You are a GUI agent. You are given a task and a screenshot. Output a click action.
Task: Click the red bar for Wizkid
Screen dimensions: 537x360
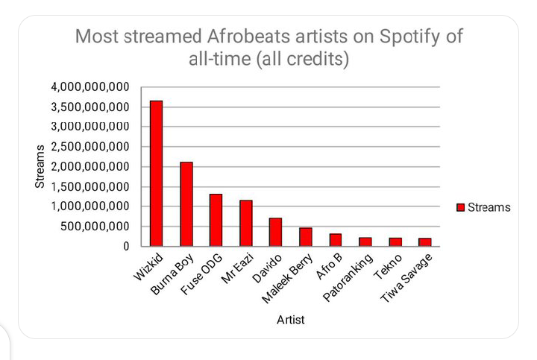point(156,174)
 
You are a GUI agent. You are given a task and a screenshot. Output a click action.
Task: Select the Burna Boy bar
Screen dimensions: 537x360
point(186,204)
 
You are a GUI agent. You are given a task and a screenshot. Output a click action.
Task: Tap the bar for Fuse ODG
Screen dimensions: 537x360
point(216,220)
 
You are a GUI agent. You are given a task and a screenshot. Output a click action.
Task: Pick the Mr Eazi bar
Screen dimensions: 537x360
point(246,223)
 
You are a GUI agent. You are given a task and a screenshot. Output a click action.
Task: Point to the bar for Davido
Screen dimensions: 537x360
point(275,232)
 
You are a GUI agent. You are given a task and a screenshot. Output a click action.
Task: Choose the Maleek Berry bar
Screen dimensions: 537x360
point(306,237)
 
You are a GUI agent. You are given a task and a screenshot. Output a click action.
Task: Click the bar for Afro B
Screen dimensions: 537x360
point(336,240)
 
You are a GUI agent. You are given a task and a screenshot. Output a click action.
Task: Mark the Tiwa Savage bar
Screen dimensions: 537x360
point(424,242)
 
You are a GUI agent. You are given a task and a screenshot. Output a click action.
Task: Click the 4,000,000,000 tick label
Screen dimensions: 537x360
point(90,87)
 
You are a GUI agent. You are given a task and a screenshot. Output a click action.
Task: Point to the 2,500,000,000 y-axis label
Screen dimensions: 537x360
point(90,147)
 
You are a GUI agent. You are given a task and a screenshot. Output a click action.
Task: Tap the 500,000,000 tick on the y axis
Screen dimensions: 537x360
point(95,226)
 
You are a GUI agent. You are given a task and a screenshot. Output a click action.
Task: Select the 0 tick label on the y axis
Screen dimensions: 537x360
point(126,246)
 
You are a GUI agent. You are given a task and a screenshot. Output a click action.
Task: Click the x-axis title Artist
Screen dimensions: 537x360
point(290,320)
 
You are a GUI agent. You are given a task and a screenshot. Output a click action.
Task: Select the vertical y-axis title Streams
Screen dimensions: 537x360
point(40,166)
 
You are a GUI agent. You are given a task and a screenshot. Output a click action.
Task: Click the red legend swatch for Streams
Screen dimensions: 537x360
point(461,207)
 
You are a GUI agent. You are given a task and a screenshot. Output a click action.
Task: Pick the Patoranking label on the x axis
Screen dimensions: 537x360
point(348,278)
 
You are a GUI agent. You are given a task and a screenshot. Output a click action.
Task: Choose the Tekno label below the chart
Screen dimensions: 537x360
point(388,267)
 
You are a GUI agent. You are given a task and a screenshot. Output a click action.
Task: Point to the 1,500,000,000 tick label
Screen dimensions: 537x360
point(90,186)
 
